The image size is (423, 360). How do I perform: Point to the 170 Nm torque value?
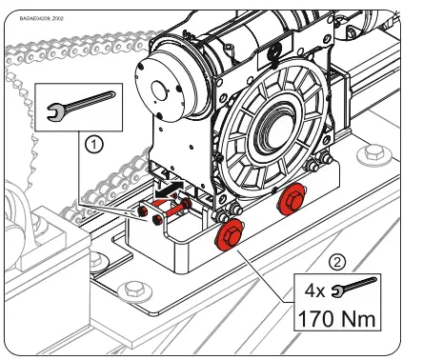point(339,315)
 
